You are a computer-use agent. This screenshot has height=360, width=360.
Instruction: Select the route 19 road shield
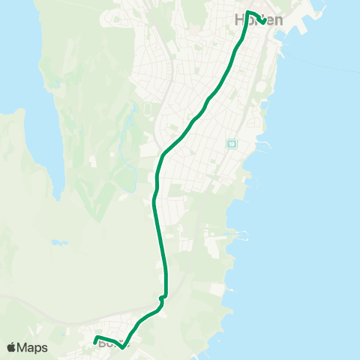tap(232, 143)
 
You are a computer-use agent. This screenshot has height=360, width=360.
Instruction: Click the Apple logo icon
tap(11, 347)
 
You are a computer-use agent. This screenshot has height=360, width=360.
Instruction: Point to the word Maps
tap(33, 347)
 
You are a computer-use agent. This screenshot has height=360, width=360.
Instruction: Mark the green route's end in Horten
tap(263, 20)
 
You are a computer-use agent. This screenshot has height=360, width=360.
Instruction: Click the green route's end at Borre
tap(95, 343)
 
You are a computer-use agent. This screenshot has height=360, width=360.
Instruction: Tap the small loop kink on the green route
tap(162, 298)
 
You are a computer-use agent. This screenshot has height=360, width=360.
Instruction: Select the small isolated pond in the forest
tap(58, 243)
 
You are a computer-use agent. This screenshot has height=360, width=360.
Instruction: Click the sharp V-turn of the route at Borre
tap(122, 347)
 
